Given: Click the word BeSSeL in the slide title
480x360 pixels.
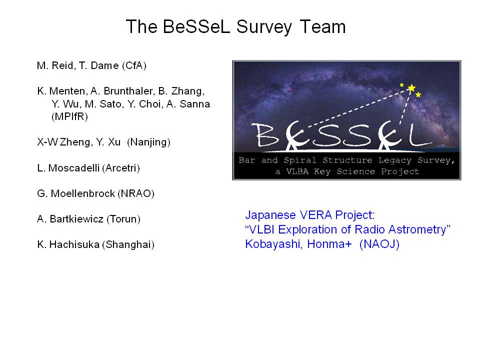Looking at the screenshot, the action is [196, 26].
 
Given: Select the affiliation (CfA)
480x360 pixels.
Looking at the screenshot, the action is [134, 66].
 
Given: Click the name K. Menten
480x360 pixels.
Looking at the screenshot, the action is [61, 91].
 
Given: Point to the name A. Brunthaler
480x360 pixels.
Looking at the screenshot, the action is [122, 91].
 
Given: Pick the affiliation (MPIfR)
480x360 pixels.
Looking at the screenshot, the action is [70, 116].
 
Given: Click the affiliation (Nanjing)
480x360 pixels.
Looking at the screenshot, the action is [149, 142].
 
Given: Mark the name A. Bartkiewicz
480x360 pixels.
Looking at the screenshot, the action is [70, 219].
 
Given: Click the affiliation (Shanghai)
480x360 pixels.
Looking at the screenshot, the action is [128, 244].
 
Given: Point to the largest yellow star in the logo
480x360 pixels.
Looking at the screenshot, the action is [411, 88].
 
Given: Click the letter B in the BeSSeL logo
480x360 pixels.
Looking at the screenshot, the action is [267, 135].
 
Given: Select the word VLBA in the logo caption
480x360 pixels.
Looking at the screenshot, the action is [297, 171].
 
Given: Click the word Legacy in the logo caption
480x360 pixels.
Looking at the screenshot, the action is [395, 160].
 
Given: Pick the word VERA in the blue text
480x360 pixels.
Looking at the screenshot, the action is [316, 215].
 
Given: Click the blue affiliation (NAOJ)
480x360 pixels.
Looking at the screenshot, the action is [379, 244].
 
